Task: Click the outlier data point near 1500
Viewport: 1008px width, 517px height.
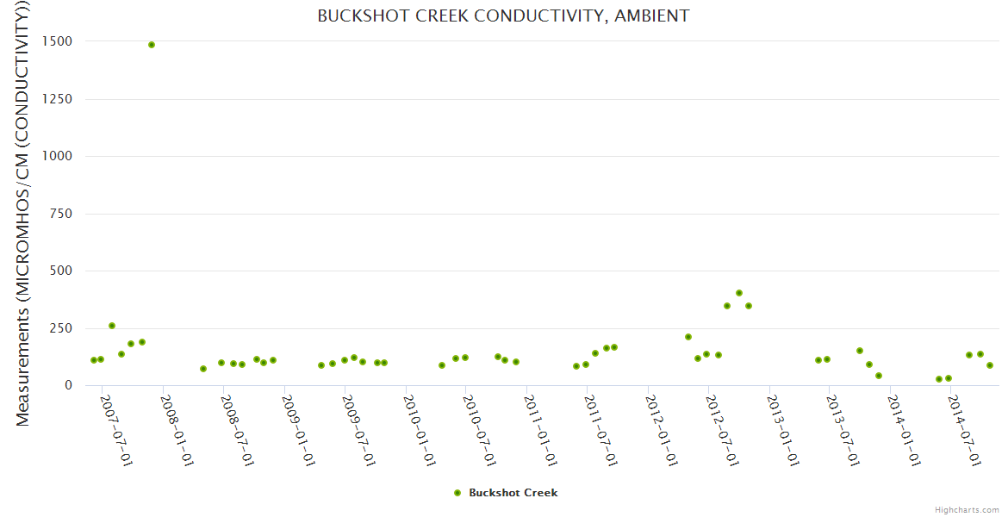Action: click(152, 45)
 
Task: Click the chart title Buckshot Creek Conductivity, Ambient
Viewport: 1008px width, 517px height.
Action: click(503, 16)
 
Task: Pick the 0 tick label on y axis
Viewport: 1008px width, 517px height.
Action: click(66, 385)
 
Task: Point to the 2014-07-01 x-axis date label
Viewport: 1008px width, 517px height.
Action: click(963, 431)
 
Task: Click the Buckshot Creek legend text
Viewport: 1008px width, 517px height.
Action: click(513, 493)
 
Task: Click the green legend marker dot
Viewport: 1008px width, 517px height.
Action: click(457, 493)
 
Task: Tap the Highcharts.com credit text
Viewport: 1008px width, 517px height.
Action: click(967, 509)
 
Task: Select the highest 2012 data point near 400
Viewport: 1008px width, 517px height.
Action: click(739, 293)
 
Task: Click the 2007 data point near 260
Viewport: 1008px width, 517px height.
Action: click(112, 326)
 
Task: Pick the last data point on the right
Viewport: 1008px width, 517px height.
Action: click(990, 365)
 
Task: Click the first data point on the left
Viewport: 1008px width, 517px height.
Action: click(94, 360)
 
